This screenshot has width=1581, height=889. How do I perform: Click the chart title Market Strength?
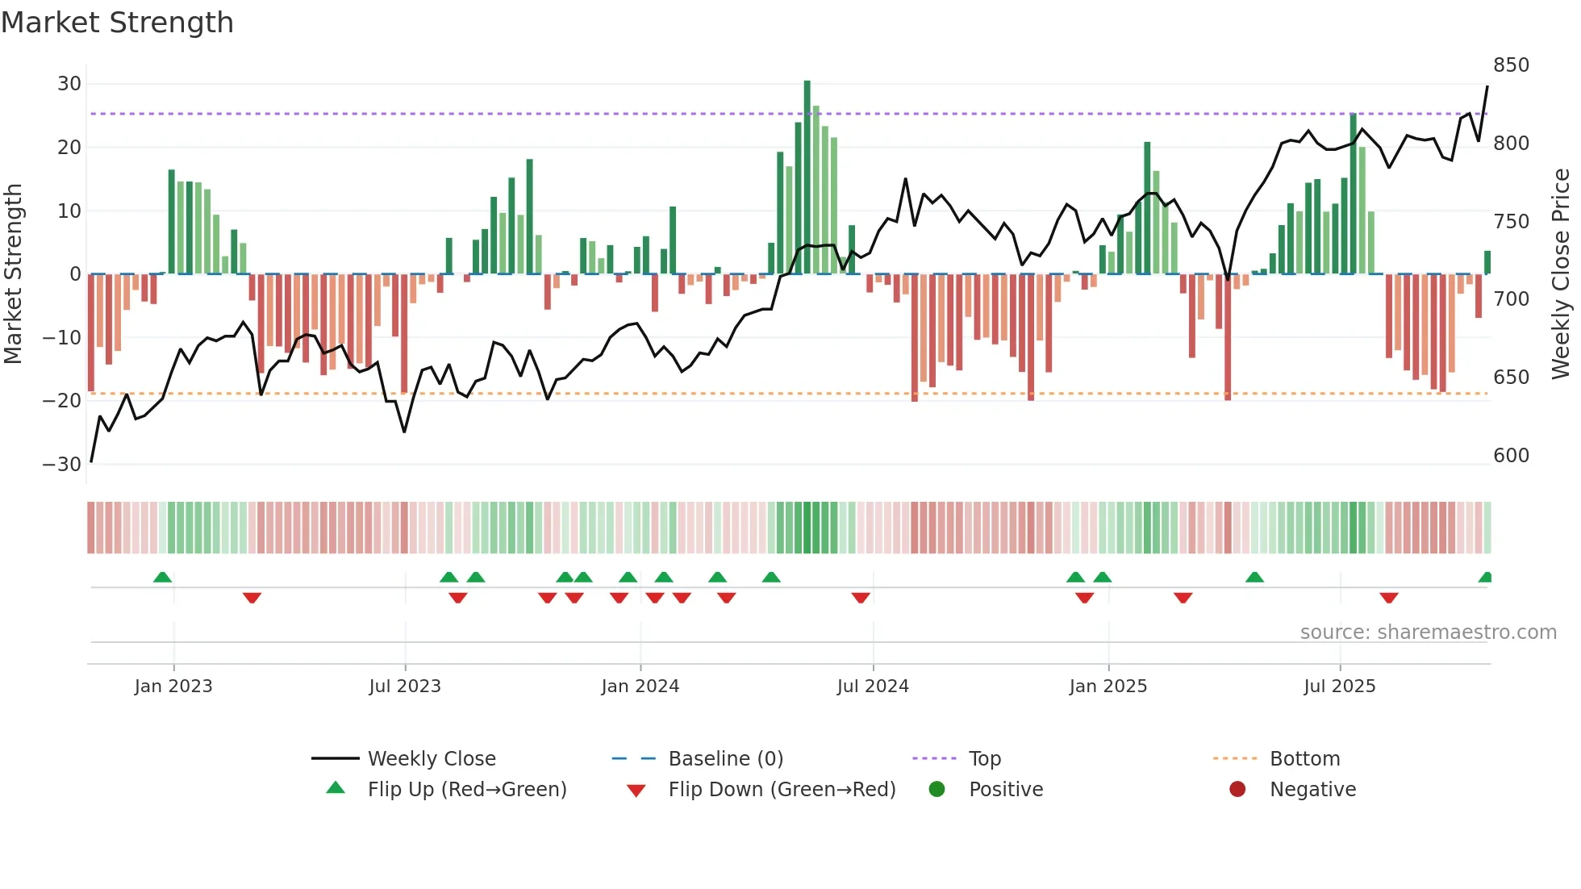(117, 23)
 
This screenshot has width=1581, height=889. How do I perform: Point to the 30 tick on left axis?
(69, 84)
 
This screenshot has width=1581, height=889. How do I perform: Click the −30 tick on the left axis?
(62, 465)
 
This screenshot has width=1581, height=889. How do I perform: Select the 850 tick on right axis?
(1511, 65)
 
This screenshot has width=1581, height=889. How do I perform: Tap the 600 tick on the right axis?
(1511, 456)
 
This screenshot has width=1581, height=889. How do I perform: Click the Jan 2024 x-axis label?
(640, 687)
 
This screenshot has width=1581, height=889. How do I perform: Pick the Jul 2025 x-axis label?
(1339, 687)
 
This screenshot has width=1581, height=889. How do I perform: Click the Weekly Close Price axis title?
(1561, 274)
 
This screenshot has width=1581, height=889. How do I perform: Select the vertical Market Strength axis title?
(14, 274)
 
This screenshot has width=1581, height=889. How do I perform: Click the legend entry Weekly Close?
(432, 759)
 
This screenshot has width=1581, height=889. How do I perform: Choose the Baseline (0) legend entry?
(725, 759)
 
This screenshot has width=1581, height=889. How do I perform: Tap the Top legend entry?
(984, 759)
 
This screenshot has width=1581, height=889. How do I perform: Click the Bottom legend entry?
(1304, 759)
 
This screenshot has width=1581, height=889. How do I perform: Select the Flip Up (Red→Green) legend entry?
(466, 790)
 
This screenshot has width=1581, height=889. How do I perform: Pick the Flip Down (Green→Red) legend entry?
(781, 790)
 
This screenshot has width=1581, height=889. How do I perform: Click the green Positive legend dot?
(937, 789)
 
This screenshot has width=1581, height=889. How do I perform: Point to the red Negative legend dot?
(1237, 789)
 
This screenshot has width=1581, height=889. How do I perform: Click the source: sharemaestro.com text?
(1428, 632)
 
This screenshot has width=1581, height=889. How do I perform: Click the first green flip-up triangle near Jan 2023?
(162, 578)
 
